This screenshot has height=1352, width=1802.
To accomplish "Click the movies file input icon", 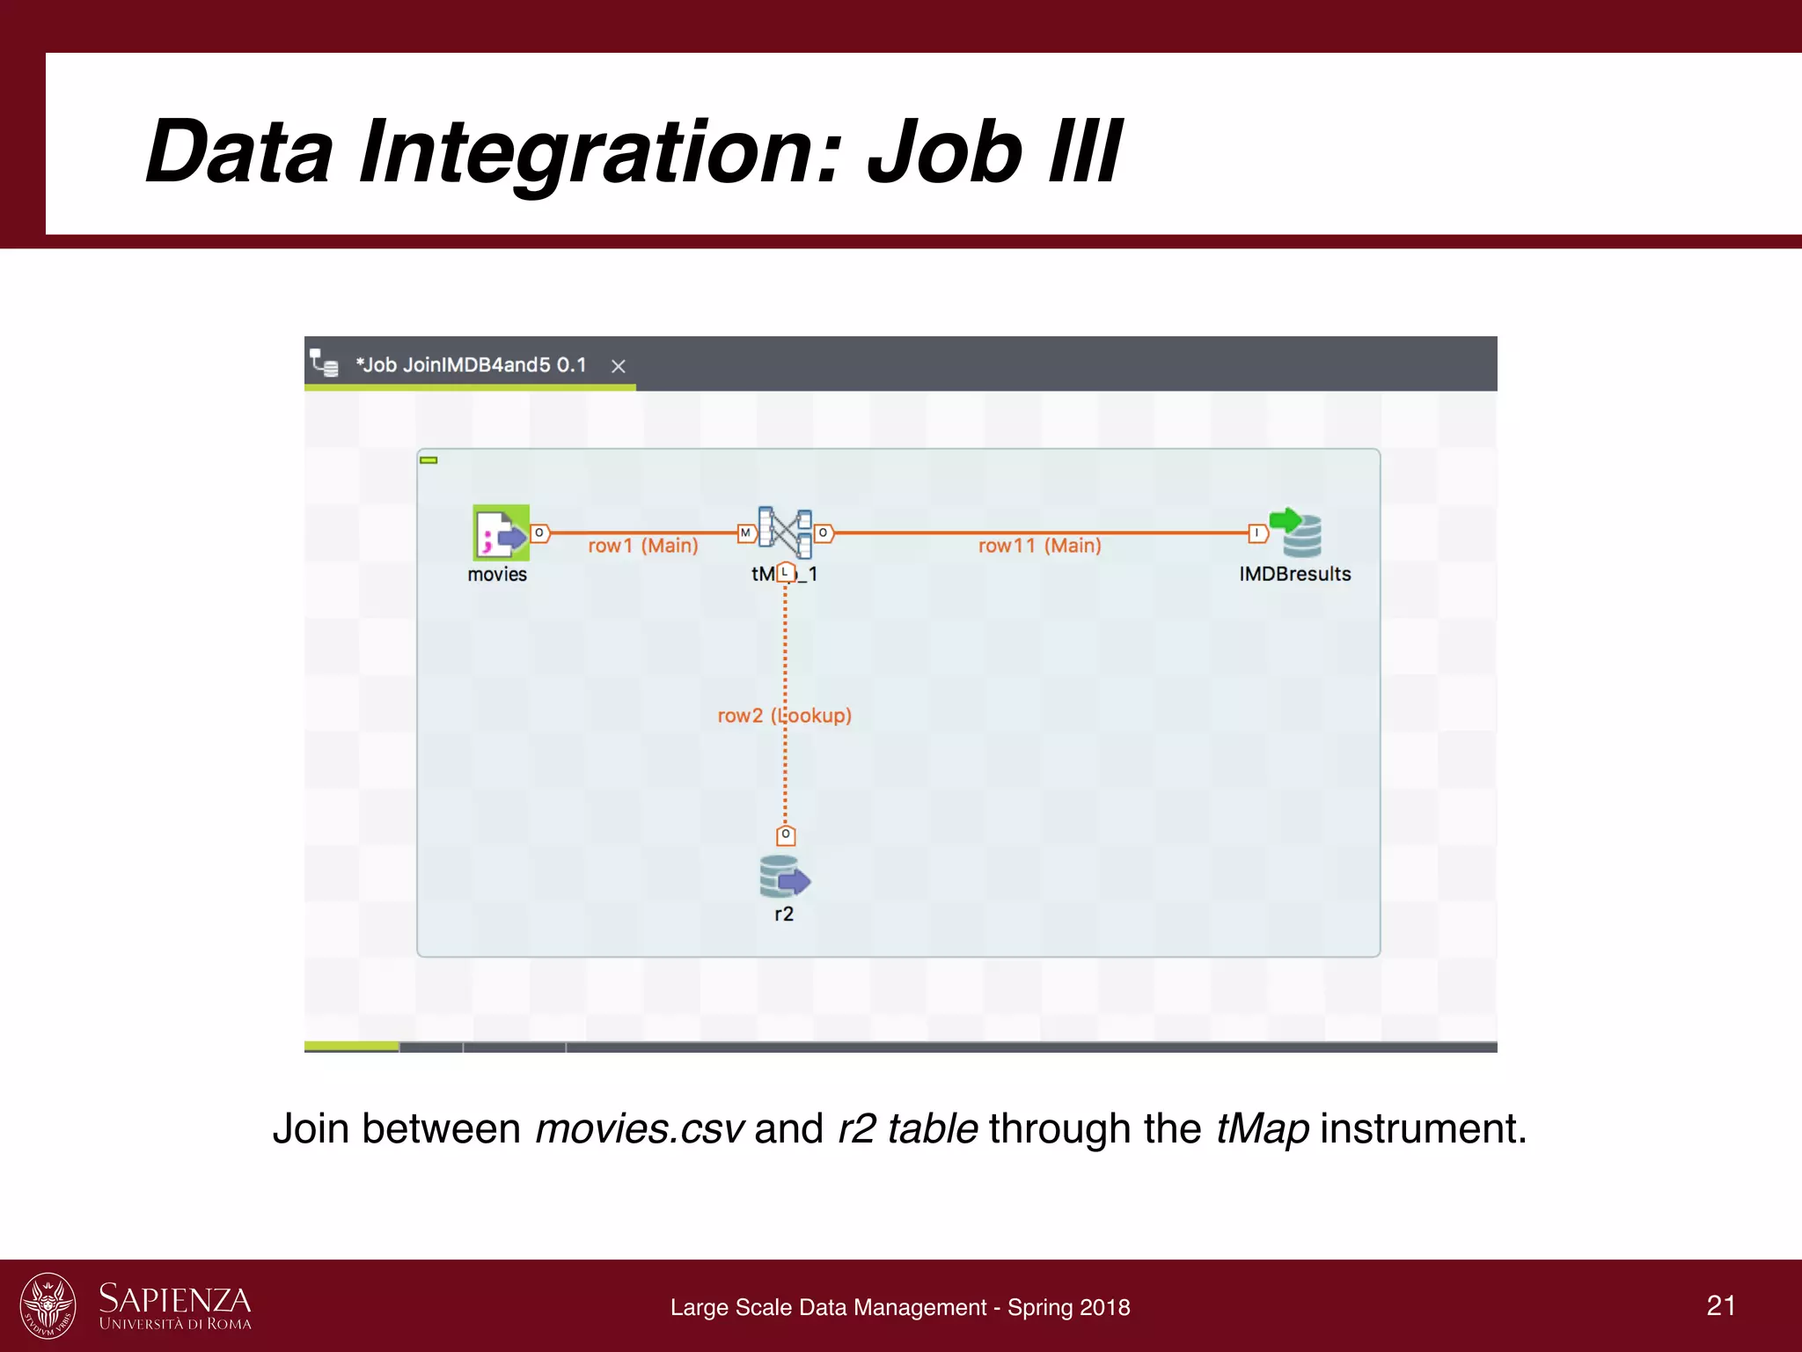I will coord(501,533).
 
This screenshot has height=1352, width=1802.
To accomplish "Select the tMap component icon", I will coord(785,533).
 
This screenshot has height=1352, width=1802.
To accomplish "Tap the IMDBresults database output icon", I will coord(1296,533).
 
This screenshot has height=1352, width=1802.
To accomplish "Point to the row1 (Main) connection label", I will coord(642,546).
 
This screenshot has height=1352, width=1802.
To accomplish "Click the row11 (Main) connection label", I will coord(1039,546).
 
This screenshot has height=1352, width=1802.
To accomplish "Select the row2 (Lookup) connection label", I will coord(784,716).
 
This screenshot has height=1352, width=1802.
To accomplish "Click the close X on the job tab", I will coord(619,366).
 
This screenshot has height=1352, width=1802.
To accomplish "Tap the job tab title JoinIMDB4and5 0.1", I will coord(471,365).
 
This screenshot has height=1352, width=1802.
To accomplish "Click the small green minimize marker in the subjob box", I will coord(429,460).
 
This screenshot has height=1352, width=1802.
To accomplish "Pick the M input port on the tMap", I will coord(745,533).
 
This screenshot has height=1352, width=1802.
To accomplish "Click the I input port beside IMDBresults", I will coord(1257,533).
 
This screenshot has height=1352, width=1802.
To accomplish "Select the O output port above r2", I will coord(786,834).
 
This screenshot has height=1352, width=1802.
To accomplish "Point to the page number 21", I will coord(1721,1305).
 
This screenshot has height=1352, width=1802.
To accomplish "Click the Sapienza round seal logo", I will coord(48,1305).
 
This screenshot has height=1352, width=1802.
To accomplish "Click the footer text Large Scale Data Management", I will coord(828,1308).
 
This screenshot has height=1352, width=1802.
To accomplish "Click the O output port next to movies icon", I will coord(539,533).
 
